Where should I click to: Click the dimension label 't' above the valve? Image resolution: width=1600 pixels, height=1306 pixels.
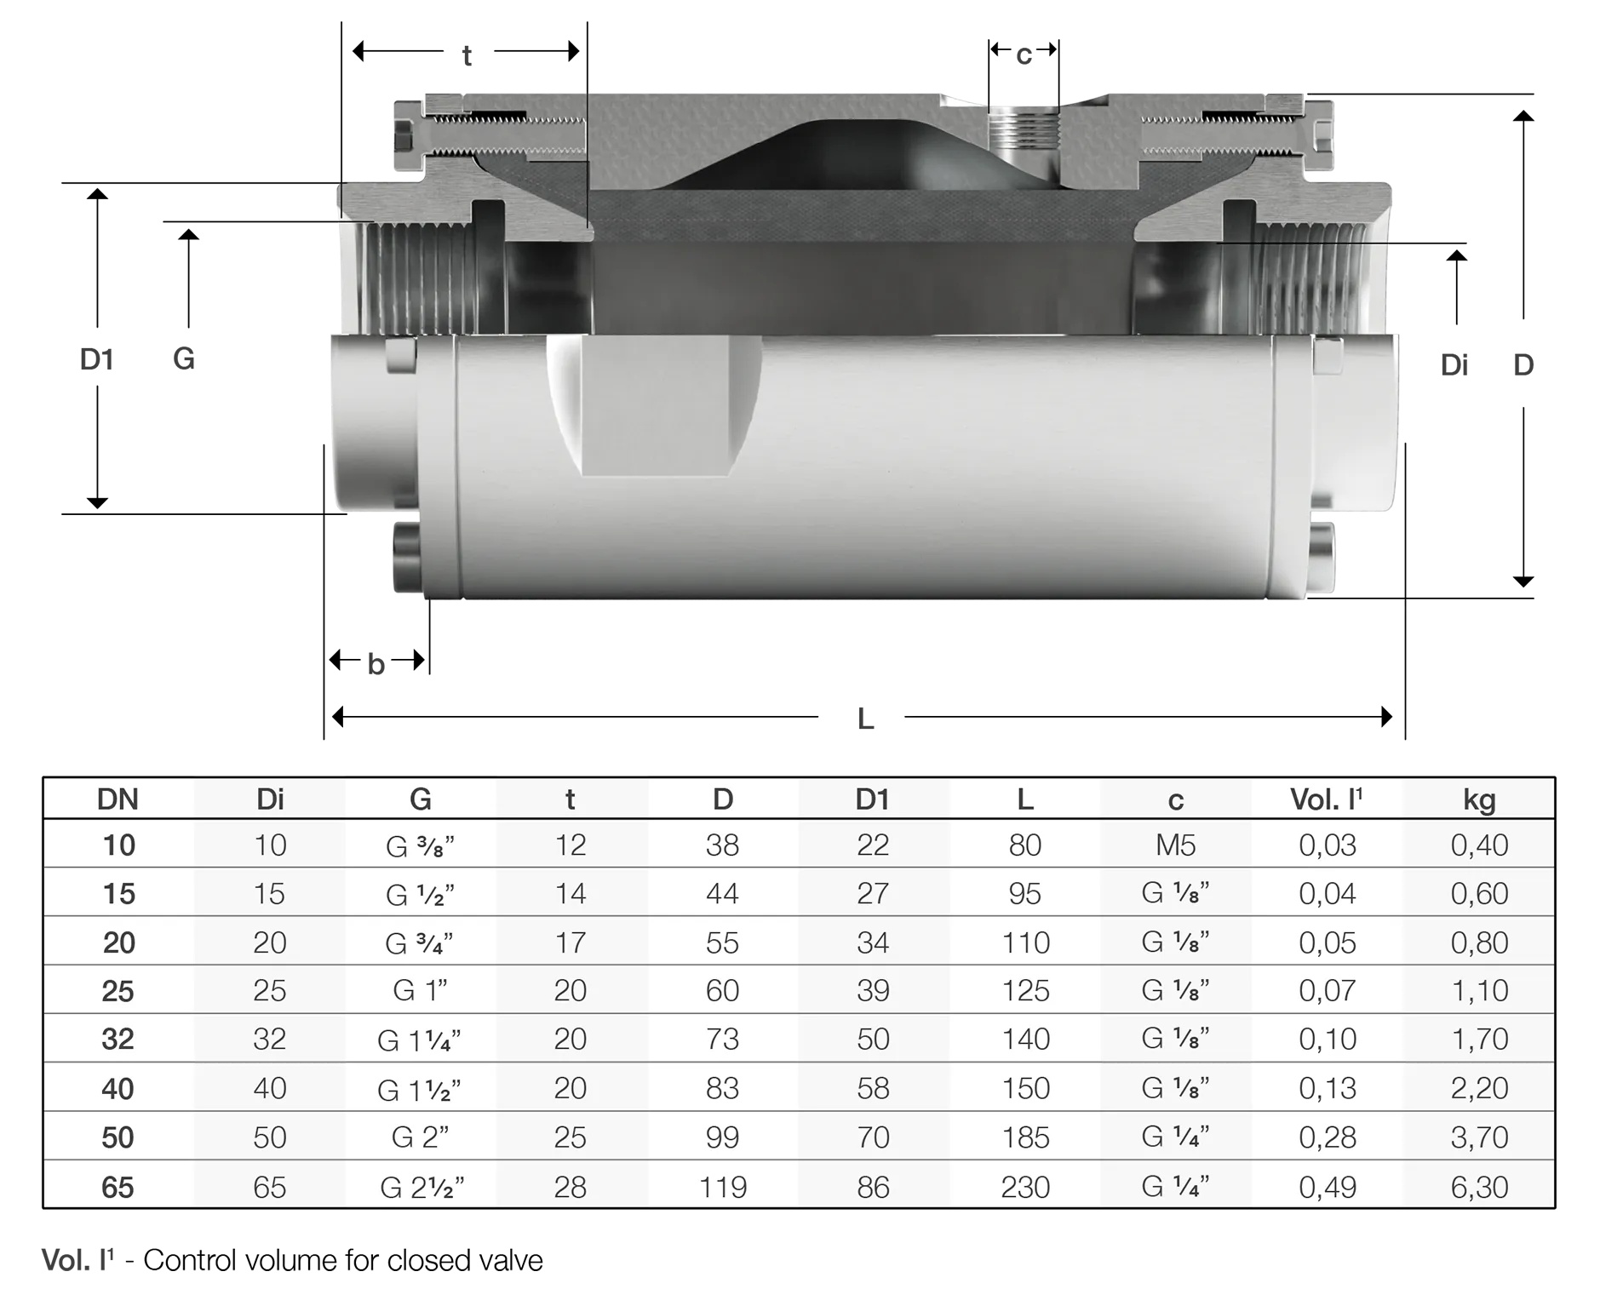click(x=467, y=56)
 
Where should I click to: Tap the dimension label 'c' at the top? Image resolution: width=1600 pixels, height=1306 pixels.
click(x=1024, y=54)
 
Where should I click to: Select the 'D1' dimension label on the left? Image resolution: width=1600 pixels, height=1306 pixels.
click(x=96, y=359)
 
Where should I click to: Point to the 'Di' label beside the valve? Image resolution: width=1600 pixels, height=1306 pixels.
click(x=1454, y=365)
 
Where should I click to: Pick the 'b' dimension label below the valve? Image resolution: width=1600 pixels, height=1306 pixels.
click(x=376, y=664)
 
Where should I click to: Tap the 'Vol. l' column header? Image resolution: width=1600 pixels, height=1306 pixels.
click(x=1326, y=799)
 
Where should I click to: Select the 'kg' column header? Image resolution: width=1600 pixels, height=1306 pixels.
click(x=1479, y=799)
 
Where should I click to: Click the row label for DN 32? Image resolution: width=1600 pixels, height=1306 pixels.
click(x=118, y=1039)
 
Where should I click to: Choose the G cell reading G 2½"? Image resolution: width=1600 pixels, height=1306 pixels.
click(x=422, y=1187)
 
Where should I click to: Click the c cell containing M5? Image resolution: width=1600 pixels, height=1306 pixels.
click(x=1175, y=845)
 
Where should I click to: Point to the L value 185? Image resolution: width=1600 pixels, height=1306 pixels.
click(x=1025, y=1137)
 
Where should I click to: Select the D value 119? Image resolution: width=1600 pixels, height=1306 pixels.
click(x=722, y=1187)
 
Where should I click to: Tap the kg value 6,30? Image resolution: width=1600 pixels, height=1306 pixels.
click(x=1479, y=1187)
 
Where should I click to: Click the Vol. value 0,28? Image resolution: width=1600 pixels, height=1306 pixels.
click(x=1327, y=1137)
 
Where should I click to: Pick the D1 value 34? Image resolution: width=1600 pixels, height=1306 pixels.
click(x=873, y=942)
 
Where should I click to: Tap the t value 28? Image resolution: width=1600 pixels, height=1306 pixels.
click(x=570, y=1187)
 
